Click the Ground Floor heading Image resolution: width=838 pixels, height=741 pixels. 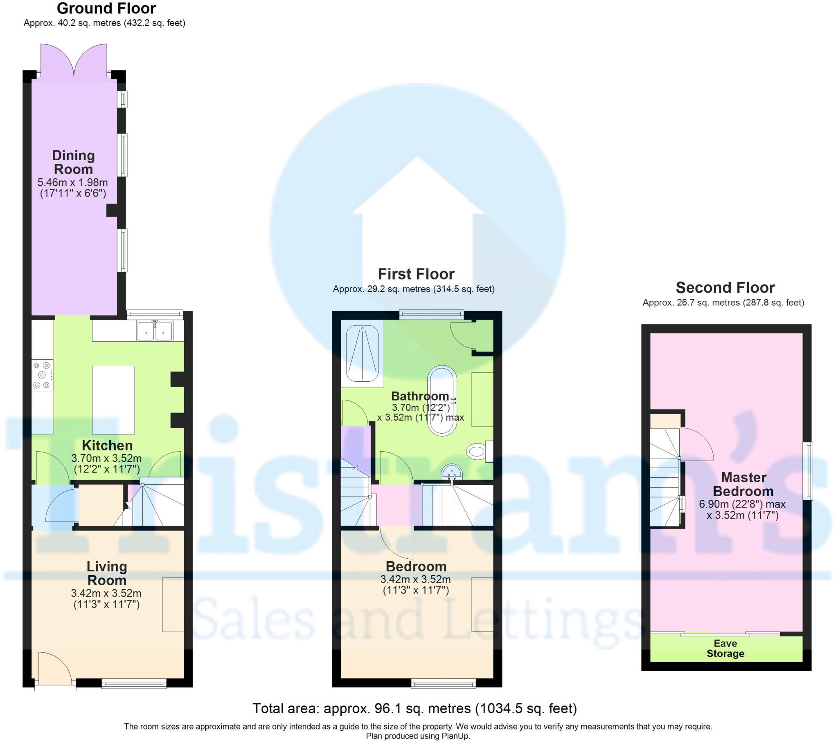(106, 8)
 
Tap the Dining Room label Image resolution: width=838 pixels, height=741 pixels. (73, 162)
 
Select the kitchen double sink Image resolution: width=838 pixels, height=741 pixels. (155, 331)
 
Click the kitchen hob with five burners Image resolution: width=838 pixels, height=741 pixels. (42, 375)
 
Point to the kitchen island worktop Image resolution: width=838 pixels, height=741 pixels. (113, 400)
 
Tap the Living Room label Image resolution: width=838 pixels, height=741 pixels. (107, 573)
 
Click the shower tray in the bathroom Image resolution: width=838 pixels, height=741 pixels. (363, 354)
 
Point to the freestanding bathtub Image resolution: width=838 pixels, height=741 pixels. (442, 400)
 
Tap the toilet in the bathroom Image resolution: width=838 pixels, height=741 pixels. (478, 451)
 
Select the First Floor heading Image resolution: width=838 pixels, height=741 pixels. (416, 273)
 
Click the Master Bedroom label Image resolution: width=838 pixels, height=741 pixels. (743, 484)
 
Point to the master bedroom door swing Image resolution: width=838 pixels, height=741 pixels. (697, 444)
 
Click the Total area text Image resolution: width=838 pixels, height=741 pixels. (414, 708)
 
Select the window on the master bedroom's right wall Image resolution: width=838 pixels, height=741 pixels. (807, 471)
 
